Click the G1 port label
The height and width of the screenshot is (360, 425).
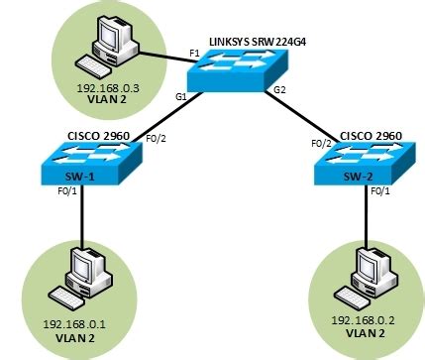coord(181,97)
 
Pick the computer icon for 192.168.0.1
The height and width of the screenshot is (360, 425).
coord(81,277)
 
